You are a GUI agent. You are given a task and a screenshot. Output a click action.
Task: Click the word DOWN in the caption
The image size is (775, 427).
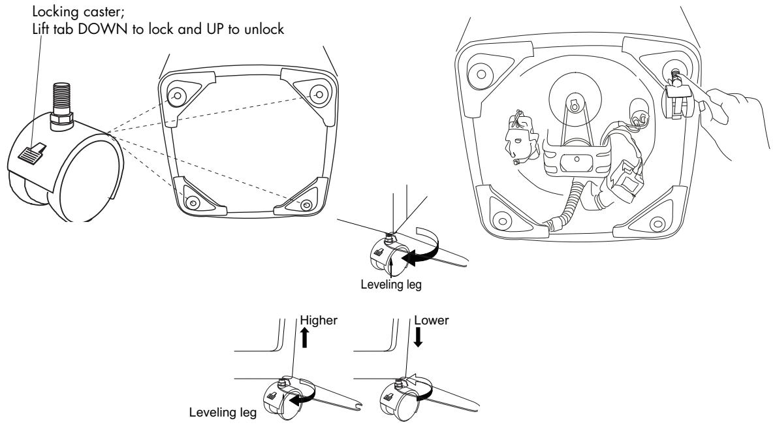click(x=104, y=29)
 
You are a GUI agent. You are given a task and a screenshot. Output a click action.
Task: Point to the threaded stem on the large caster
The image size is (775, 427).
click(x=61, y=98)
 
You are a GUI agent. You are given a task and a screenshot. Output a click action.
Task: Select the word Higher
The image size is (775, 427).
click(x=319, y=320)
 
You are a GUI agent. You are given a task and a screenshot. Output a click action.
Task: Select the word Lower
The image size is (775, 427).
click(x=432, y=320)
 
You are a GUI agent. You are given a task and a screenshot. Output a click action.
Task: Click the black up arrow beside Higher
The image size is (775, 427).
click(x=305, y=338)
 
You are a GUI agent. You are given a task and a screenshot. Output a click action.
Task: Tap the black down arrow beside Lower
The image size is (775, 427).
click(x=418, y=338)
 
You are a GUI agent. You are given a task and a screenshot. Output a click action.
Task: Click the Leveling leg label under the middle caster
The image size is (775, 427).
click(x=391, y=284)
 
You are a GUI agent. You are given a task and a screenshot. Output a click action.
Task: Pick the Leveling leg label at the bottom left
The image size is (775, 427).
click(x=223, y=412)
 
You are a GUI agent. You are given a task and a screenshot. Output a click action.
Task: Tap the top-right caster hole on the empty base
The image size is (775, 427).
click(x=319, y=94)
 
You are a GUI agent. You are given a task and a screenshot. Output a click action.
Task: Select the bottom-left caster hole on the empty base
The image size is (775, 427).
click(x=192, y=201)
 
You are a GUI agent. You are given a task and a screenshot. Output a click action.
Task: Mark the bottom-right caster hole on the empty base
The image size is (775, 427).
click(x=306, y=204)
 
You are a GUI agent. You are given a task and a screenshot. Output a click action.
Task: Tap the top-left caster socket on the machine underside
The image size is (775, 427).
click(x=481, y=74)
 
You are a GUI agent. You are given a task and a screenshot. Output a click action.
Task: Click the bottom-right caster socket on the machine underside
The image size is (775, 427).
click(x=657, y=224)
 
